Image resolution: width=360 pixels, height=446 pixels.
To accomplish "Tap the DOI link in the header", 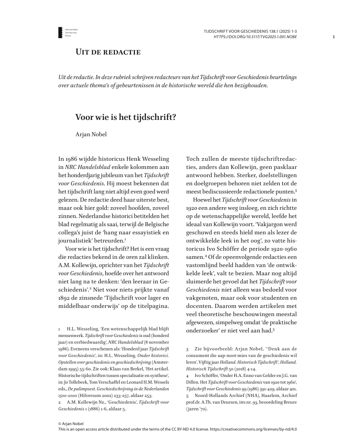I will (255, 36).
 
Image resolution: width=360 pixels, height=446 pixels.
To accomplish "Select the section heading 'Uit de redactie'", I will (108, 52).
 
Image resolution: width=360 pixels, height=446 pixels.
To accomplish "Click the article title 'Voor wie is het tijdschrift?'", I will (125, 116).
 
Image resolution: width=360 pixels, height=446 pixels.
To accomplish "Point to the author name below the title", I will (90, 134).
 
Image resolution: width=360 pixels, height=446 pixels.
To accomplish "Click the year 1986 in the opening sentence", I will (75, 159).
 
